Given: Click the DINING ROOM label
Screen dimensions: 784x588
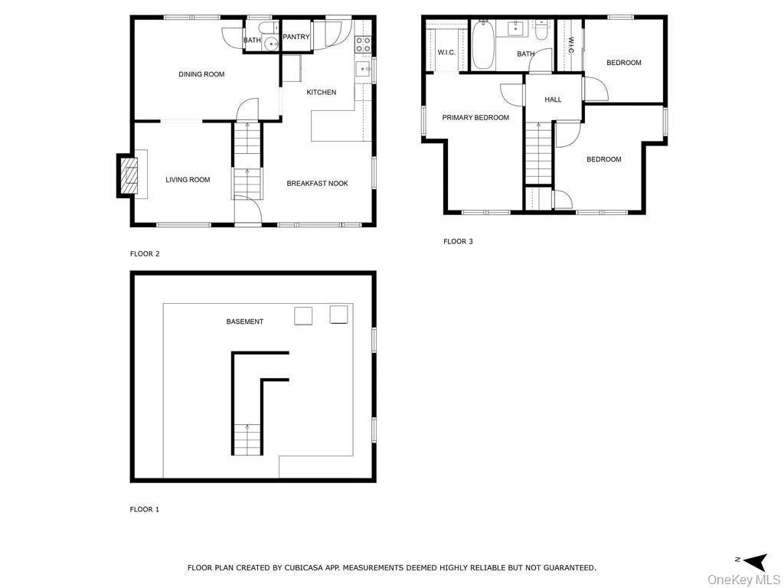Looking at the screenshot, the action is coord(201,74).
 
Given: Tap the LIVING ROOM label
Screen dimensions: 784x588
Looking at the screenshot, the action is coord(188,180).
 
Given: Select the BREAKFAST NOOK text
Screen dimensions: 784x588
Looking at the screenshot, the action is coord(318,184).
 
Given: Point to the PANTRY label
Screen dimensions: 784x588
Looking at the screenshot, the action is coord(296,37).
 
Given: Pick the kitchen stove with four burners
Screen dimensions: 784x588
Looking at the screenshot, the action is coord(363,44).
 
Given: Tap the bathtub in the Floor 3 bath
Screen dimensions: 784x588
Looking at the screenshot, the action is coord(483,45).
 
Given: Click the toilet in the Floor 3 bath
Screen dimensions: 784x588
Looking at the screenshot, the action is coord(541,30).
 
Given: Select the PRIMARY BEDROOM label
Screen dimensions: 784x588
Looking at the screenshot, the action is coord(475,118).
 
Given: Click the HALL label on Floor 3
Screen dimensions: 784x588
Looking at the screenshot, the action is coord(553,100).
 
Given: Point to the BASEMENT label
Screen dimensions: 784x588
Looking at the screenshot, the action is coord(244,322).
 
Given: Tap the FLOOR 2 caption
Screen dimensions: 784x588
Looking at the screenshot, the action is coord(145,254).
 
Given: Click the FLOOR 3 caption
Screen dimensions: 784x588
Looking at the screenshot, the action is coord(458,242).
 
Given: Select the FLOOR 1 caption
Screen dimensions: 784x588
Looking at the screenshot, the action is coord(145,510).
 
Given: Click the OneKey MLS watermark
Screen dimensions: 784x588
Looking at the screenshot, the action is coord(744,580).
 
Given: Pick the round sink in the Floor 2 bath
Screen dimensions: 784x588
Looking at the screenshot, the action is coord(273,44).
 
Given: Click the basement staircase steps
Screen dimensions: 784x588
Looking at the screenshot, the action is coord(247,439).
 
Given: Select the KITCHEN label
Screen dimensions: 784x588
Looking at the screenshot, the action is coord(322,93).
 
